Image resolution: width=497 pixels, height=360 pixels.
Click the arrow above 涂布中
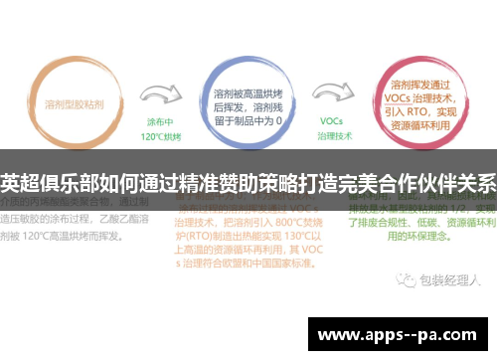click(x=159, y=95)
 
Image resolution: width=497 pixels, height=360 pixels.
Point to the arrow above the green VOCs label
click(x=331, y=96)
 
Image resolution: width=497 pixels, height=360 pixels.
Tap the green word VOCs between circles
click(x=331, y=120)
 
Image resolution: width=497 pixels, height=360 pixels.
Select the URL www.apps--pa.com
click(x=402, y=334)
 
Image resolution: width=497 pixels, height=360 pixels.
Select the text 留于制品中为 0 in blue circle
click(x=248, y=120)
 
